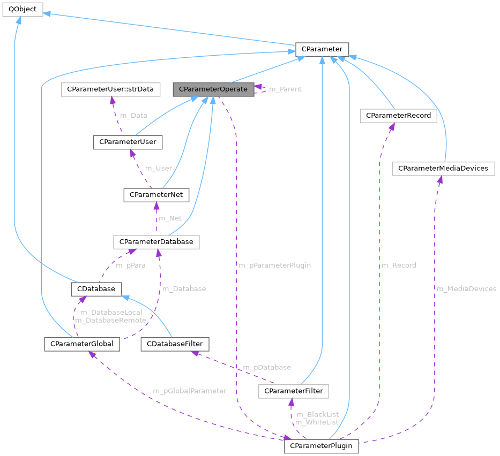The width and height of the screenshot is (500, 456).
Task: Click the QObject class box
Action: click(x=22, y=10)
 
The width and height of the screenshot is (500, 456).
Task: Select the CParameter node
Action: click(x=322, y=49)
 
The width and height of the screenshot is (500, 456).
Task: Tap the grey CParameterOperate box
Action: click(x=213, y=89)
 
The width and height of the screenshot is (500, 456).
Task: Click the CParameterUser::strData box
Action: click(x=111, y=89)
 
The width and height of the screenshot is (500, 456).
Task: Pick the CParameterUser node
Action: click(x=128, y=142)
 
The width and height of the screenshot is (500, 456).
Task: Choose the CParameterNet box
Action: click(x=156, y=195)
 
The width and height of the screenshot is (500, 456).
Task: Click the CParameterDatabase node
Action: click(x=156, y=242)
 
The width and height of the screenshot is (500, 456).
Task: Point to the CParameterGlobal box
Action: click(x=81, y=344)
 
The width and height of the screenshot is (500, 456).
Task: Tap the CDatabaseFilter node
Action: click(x=174, y=344)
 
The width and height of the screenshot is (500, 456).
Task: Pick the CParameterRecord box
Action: click(x=398, y=115)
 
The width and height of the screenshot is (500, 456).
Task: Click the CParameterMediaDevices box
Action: click(x=443, y=168)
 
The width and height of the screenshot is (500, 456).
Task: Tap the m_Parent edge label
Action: click(x=285, y=89)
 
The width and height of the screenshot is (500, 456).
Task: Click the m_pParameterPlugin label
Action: click(x=274, y=265)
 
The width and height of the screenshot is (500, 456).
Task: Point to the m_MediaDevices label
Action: click(x=466, y=288)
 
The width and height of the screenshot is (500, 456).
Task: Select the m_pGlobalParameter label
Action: click(x=190, y=391)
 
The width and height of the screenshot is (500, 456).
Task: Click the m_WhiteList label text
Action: click(x=317, y=422)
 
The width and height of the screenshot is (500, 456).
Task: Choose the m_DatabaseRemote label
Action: click(x=110, y=320)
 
